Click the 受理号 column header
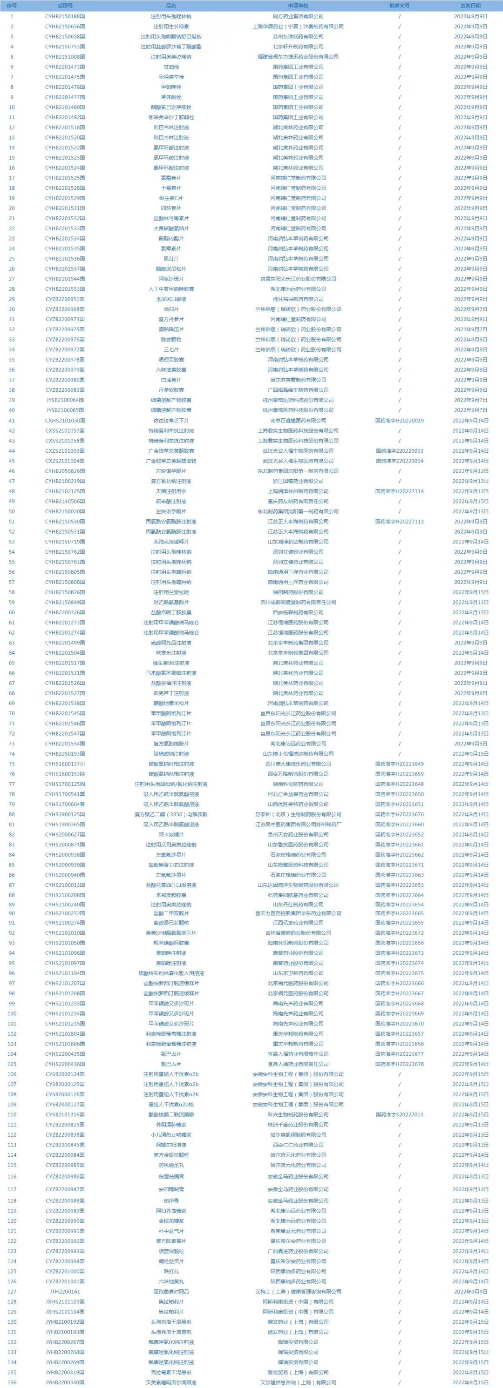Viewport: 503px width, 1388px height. coord(65,6)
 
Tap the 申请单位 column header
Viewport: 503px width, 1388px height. coord(298,6)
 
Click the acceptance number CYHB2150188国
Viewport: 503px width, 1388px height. coord(65,16)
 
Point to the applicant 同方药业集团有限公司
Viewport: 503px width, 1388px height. coord(298,16)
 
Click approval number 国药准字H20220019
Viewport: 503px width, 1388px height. coord(399,420)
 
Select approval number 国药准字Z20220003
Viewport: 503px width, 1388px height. coord(399,450)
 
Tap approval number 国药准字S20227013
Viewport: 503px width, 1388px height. coord(399,1114)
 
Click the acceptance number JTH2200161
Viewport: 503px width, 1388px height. coord(65,1292)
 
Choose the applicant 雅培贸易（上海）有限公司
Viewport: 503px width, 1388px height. coord(298,1372)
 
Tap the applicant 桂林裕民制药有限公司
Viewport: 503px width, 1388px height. coord(298,299)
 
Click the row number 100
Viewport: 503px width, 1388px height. coord(12,1013)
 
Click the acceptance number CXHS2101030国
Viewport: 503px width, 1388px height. coord(65,420)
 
